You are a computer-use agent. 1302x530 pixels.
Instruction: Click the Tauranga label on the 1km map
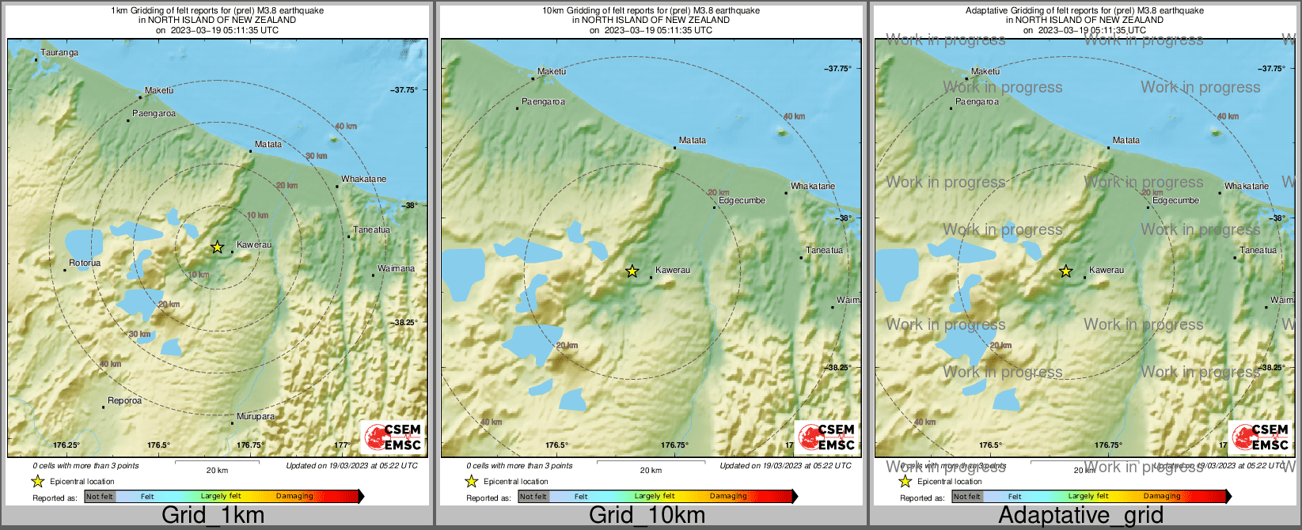(59, 53)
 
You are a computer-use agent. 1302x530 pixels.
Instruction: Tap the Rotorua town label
(85, 263)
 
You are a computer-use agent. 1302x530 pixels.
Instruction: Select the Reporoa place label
(125, 401)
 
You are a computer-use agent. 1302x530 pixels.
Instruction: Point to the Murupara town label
(256, 416)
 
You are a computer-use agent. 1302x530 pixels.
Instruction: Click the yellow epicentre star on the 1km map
(217, 247)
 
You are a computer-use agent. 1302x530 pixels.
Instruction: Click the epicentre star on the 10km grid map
(632, 271)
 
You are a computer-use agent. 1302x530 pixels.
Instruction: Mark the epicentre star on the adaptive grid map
(1065, 271)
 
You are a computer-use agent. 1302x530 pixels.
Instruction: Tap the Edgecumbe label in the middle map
(742, 200)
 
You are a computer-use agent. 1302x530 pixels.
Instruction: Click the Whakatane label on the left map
(363, 179)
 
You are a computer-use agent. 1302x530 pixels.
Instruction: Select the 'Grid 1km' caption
(213, 516)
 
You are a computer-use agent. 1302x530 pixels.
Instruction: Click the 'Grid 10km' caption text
(647, 516)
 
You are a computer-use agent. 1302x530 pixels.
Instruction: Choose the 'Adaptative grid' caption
(1080, 516)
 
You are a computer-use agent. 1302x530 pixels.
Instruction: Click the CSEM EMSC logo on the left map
(393, 437)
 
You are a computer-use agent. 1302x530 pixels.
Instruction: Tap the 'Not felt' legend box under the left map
(100, 497)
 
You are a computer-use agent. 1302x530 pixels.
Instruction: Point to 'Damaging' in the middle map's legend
(728, 497)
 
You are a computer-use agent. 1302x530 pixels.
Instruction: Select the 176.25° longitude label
(66, 445)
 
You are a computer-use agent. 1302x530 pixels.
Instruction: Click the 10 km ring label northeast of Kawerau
(257, 215)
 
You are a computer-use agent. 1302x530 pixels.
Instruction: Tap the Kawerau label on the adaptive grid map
(1106, 271)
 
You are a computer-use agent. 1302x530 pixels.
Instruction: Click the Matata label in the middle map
(692, 141)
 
